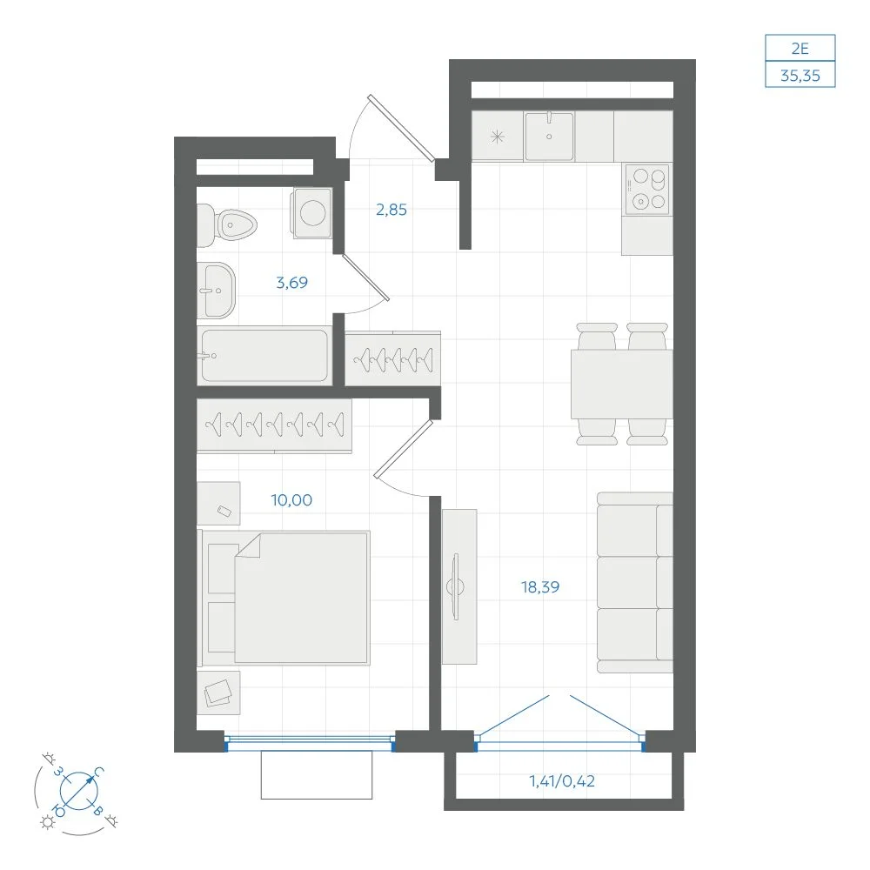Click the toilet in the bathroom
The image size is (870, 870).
226,225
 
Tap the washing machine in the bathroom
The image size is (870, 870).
311,213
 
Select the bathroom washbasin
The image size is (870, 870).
217,291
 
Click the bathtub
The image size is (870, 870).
264,356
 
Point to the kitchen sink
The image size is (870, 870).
549,136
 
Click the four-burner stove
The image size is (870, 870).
647,189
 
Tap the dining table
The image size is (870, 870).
621,384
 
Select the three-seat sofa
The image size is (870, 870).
635,583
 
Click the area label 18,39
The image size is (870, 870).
540,586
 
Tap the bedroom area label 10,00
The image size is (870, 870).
291,500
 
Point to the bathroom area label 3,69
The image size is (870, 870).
291,283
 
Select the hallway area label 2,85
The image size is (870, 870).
391,210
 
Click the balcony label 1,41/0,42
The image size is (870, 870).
562,781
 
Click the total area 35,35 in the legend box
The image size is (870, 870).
800,76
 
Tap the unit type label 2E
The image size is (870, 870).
800,49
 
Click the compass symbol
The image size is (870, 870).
78,791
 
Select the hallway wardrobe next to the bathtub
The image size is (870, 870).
393,358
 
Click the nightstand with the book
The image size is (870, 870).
218,693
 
